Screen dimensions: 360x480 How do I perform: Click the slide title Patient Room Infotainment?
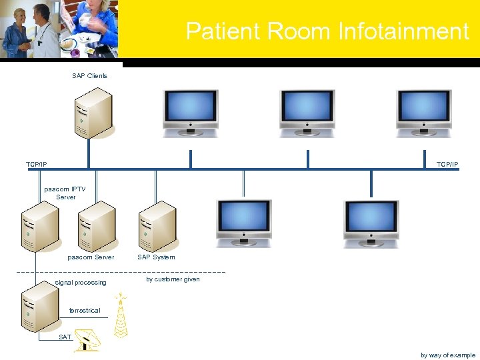tap(327, 31)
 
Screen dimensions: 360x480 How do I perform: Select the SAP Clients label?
tap(89, 76)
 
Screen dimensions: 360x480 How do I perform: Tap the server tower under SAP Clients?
tap(92, 112)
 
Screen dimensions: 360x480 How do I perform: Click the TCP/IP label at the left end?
tap(37, 164)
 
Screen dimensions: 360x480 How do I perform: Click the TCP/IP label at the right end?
tap(447, 164)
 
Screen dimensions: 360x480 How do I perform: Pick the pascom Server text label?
tap(91, 257)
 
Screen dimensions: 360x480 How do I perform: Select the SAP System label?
tap(156, 257)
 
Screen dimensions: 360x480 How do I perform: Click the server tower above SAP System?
tap(157, 225)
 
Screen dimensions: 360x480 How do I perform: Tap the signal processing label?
tap(81, 283)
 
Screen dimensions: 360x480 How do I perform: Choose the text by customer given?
tap(173, 279)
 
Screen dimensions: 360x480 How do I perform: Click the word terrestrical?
tap(85, 311)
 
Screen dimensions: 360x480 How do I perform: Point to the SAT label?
tap(65, 337)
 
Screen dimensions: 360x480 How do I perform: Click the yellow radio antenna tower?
tap(120, 315)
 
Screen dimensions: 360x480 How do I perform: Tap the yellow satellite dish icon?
tap(87, 340)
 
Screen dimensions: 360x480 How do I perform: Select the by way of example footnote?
tap(448, 355)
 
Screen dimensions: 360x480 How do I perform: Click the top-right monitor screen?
tap(424, 107)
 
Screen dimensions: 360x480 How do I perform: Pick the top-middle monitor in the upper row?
tap(307, 107)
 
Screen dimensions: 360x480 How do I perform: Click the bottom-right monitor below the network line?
tap(371, 219)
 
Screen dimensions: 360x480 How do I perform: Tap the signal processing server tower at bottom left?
tap(39, 307)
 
